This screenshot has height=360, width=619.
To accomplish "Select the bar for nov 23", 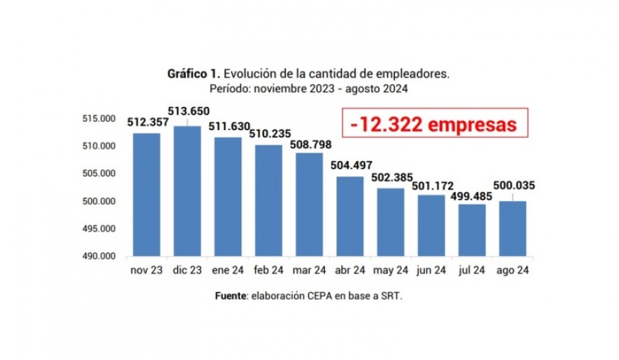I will click(146, 195).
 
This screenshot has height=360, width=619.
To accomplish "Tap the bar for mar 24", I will click(309, 205).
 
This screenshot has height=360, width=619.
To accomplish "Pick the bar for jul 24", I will click(471, 230).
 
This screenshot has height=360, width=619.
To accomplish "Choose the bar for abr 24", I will click(350, 217).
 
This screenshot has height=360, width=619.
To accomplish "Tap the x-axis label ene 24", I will click(228, 270).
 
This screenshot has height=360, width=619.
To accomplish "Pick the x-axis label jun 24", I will click(430, 270).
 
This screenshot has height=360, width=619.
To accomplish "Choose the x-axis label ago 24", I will click(512, 270).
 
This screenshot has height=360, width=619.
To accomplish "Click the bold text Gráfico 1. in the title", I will click(193, 73).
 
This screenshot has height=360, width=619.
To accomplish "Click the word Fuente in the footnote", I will click(231, 297).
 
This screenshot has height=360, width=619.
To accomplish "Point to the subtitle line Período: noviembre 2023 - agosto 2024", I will click(309, 89).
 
